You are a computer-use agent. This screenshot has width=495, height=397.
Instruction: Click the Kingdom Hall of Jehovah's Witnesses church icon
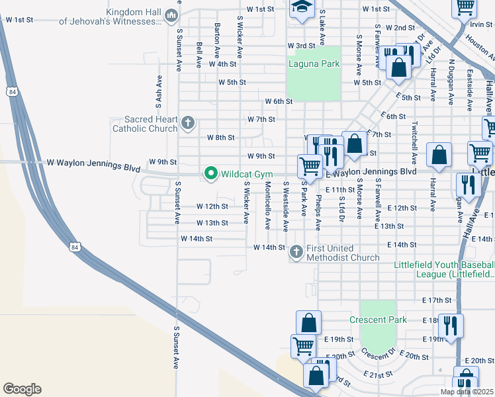171,15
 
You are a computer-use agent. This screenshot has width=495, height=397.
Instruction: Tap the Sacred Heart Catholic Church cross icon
188,123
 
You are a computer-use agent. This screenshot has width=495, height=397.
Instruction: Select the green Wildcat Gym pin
211,173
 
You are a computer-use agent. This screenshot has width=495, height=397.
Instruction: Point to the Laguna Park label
314,64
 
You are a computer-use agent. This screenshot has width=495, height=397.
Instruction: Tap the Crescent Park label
377,320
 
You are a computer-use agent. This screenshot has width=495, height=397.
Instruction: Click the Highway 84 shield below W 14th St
73,247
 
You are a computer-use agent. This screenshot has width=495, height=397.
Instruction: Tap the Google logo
22,388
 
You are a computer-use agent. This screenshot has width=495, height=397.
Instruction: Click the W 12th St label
212,206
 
